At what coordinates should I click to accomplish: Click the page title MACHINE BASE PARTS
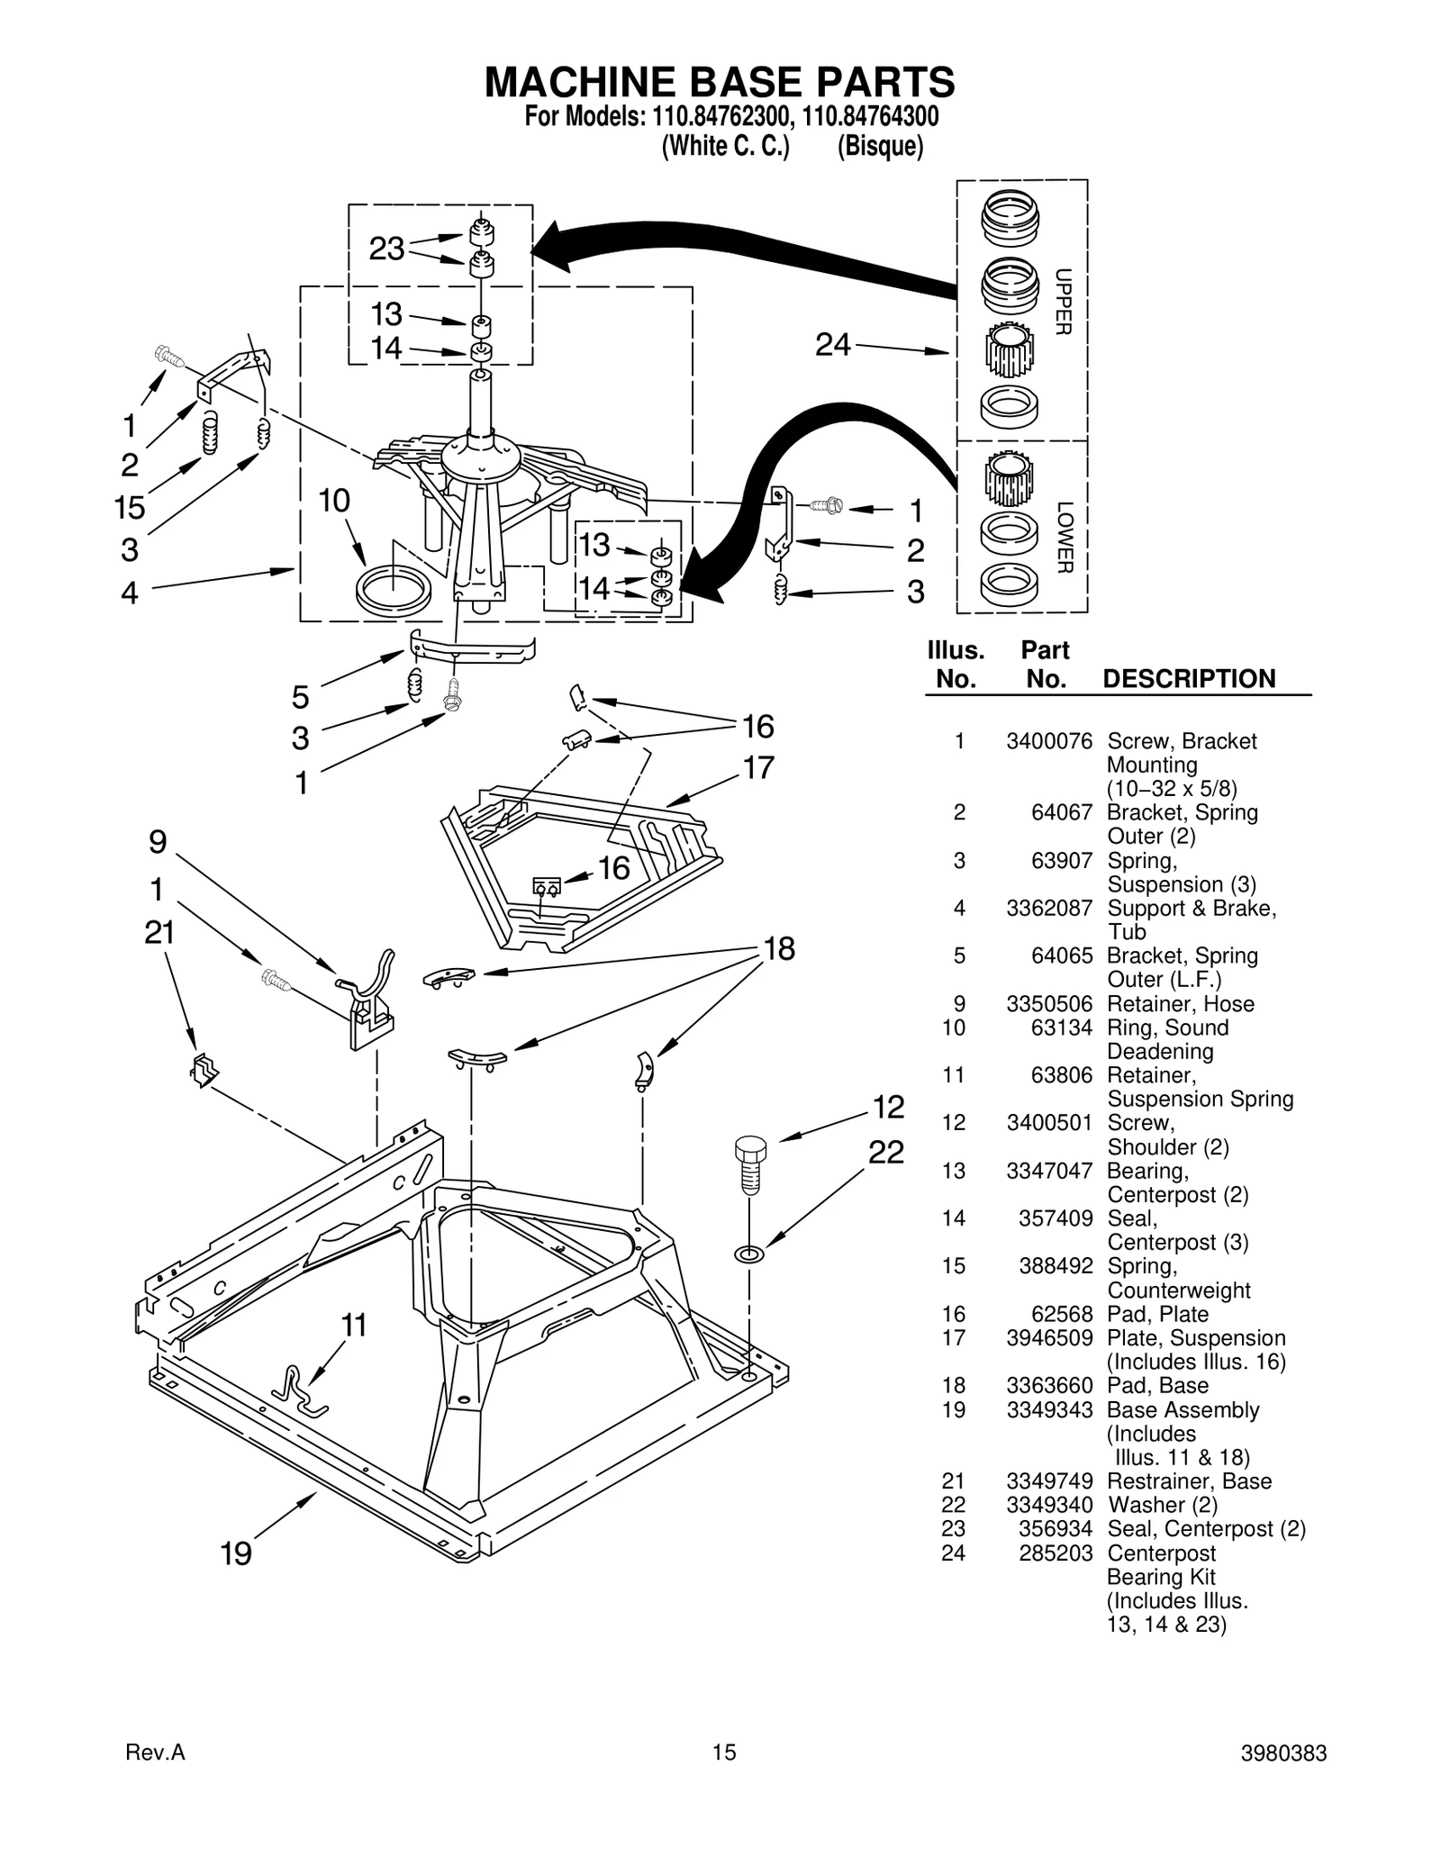[x=720, y=82]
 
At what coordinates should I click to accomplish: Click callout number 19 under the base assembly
[x=236, y=1553]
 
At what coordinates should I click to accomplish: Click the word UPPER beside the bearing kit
[x=1063, y=303]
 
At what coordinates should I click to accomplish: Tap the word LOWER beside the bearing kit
[x=1064, y=537]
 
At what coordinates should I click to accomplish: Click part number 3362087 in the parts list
[x=1049, y=908]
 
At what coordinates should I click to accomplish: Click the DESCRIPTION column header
[x=1189, y=679]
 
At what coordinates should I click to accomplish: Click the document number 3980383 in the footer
[x=1282, y=1753]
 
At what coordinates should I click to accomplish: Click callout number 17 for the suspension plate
[x=758, y=768]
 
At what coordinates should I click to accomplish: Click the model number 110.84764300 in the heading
[x=870, y=118]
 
